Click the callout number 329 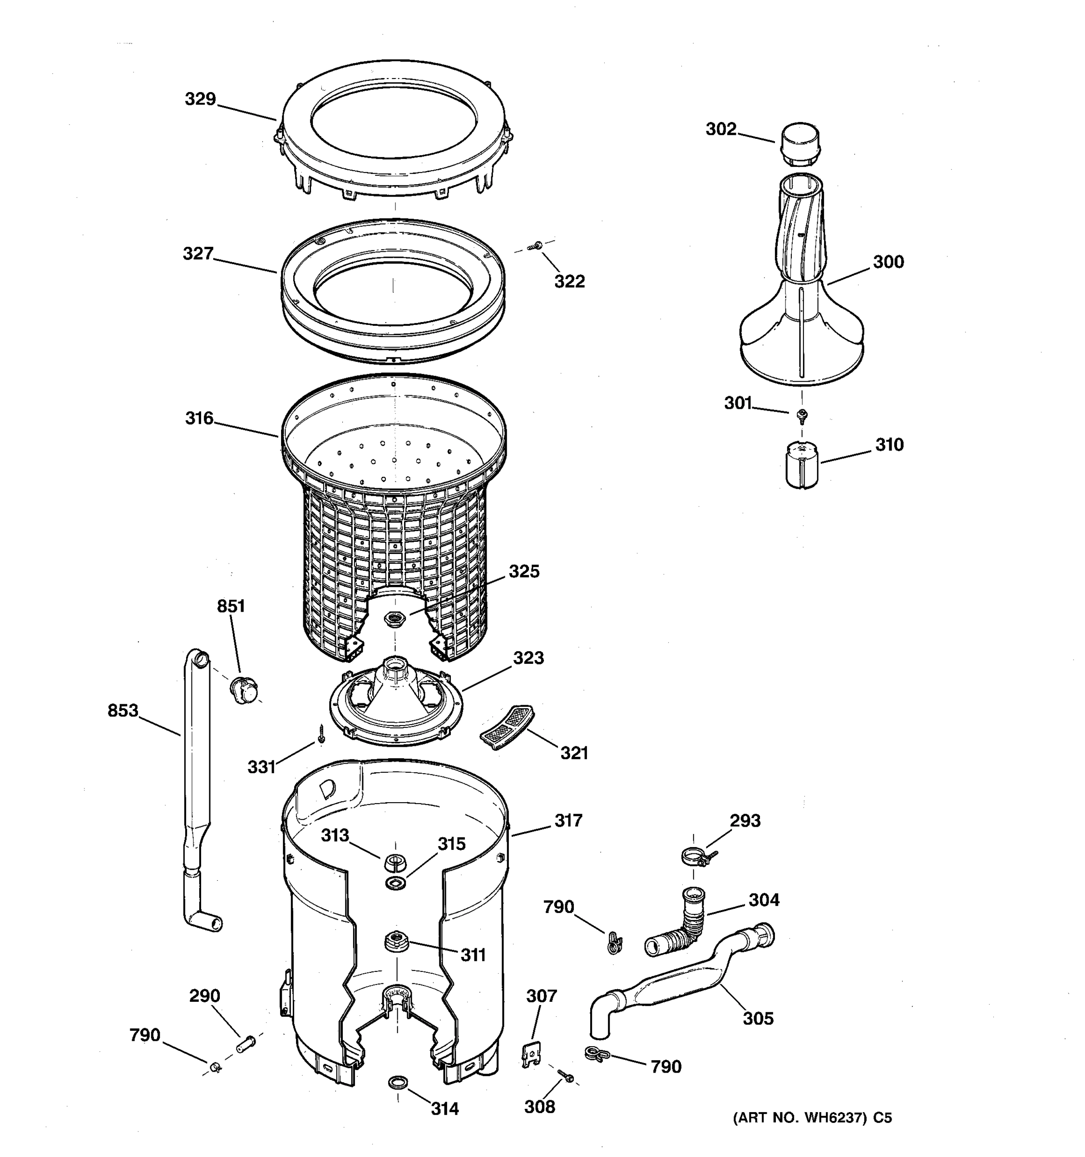(200, 99)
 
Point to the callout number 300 (888, 262)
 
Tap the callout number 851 (231, 606)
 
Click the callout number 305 (758, 1019)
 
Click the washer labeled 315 (396, 883)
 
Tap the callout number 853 (123, 711)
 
